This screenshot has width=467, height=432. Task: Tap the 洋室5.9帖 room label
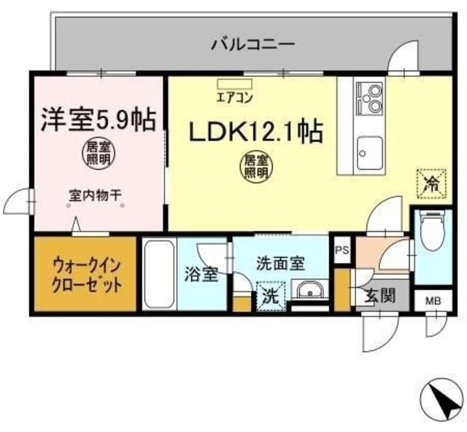click(98, 118)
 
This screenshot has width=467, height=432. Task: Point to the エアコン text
click(233, 95)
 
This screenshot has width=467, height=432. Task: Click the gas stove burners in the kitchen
click(368, 98)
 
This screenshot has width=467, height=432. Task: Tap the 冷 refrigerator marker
click(431, 183)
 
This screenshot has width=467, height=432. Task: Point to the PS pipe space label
click(341, 250)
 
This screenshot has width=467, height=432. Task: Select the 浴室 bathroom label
click(201, 275)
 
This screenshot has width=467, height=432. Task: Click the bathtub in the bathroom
click(158, 275)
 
